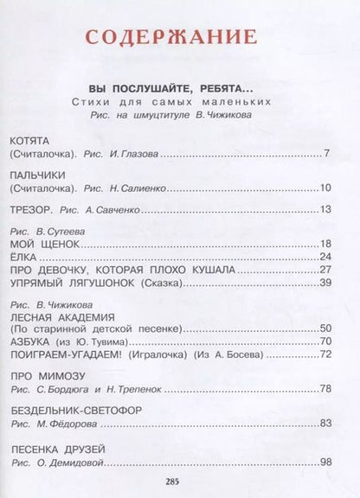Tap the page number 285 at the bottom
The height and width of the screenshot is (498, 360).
point(179,483)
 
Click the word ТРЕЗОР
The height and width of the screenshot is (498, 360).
point(32,210)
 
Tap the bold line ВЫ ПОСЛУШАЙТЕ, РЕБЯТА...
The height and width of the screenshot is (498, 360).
point(179,89)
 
